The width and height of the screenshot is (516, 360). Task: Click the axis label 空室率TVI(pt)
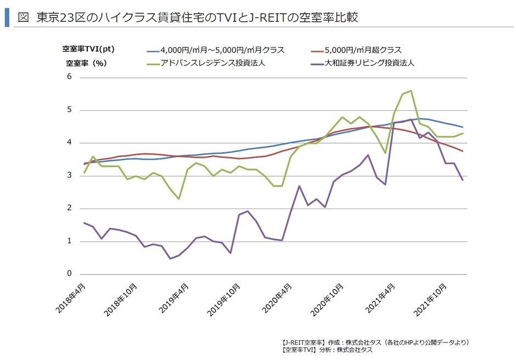[87, 50]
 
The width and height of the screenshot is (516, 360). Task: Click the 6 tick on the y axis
[70, 77]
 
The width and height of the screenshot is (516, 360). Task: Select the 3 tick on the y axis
[70, 176]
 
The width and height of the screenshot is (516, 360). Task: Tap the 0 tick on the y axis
[70, 274]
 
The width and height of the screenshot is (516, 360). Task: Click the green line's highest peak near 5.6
[411, 91]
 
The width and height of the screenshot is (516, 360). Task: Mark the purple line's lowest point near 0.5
[170, 258]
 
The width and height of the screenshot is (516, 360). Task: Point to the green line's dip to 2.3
[179, 199]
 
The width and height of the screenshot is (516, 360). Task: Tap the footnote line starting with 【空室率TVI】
[326, 350]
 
